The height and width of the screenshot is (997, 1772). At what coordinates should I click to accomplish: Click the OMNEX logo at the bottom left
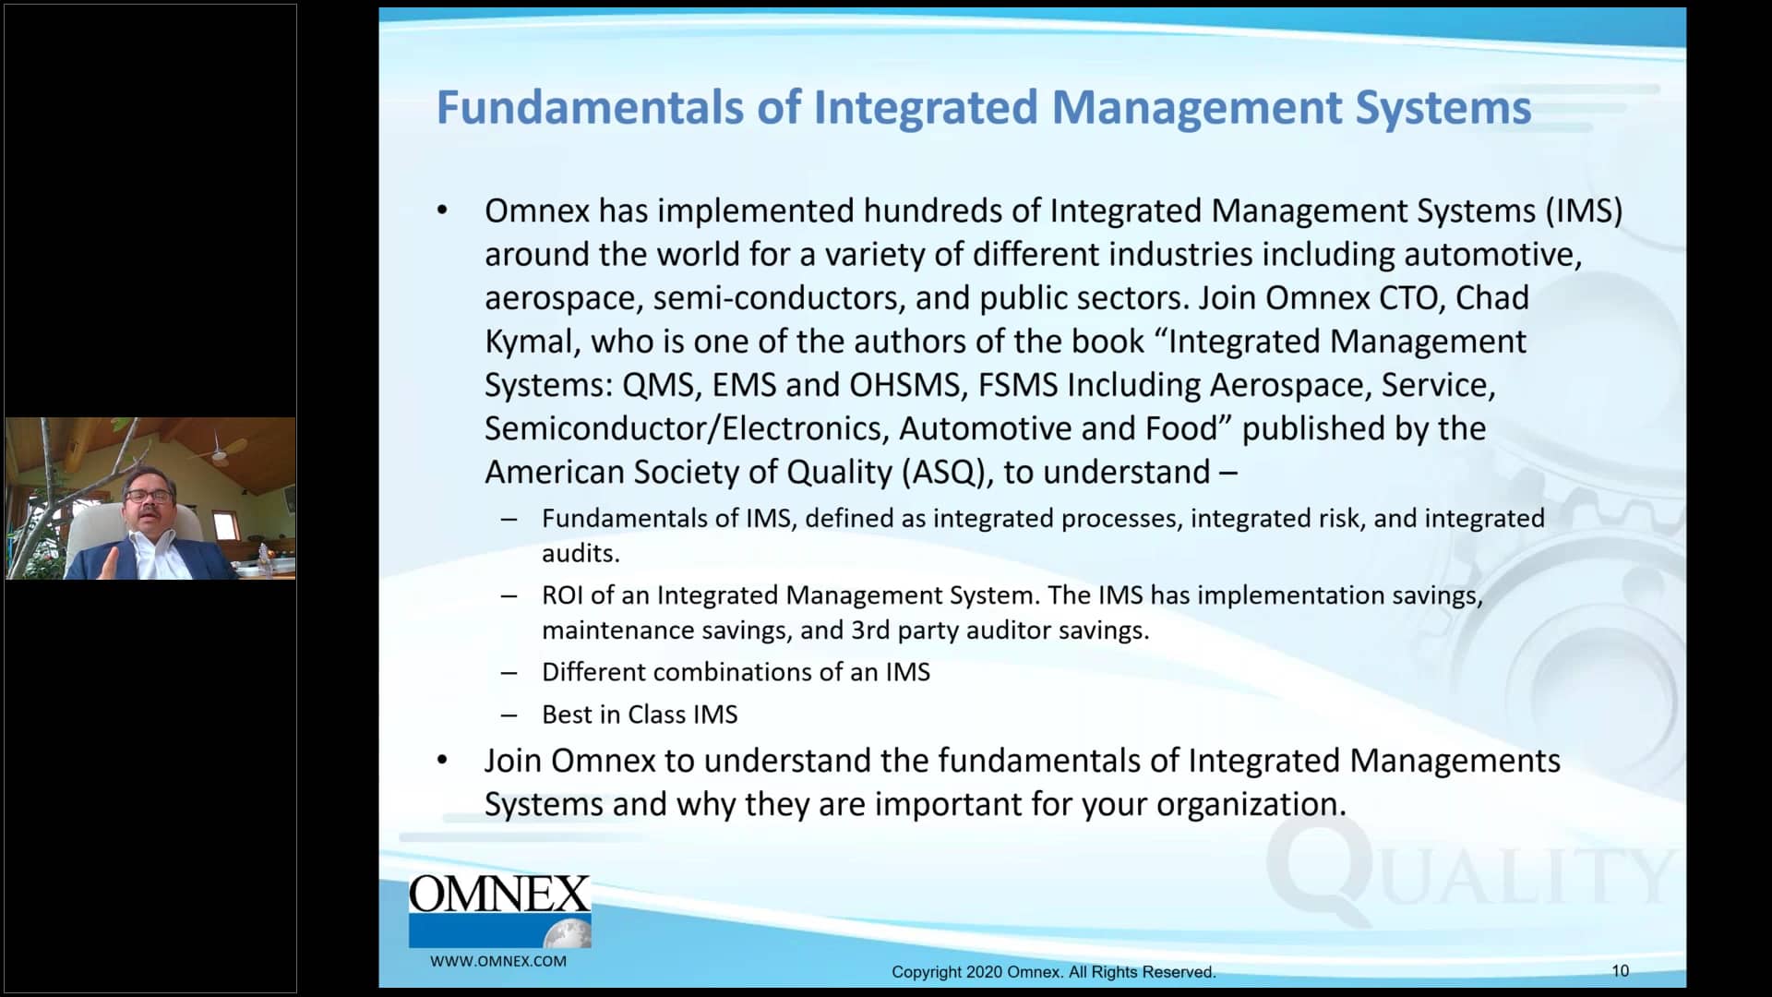(x=499, y=909)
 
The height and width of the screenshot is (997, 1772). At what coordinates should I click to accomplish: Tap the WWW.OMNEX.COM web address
(x=498, y=961)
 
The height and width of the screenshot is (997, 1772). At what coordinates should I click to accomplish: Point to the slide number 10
(x=1620, y=970)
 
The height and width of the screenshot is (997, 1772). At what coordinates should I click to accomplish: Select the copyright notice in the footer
(x=1053, y=972)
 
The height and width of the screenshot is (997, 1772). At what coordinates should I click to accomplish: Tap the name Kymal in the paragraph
(x=532, y=342)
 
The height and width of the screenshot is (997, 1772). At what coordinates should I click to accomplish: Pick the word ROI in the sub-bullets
(x=562, y=595)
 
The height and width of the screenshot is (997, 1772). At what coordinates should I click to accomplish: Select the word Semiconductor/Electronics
(x=687, y=428)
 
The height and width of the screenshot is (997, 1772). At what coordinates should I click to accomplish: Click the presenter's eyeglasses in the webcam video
(x=149, y=496)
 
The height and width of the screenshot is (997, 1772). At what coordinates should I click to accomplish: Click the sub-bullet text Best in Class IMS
(x=640, y=715)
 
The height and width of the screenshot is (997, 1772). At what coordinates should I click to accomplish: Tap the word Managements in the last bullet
(x=1455, y=761)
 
